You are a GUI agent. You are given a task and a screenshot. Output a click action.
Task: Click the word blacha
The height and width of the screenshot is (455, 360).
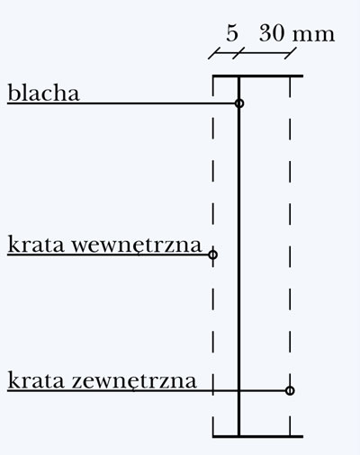[x=43, y=93]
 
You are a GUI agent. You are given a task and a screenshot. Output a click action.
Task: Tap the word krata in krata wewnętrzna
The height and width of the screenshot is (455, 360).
[x=36, y=245]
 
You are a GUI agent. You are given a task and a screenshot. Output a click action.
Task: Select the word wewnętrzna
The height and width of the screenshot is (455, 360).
[x=137, y=245]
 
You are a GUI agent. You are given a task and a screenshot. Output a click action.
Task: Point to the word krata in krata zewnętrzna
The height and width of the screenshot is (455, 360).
[x=36, y=380]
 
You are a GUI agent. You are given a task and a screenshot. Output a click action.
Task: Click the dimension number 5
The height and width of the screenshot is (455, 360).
[x=232, y=33]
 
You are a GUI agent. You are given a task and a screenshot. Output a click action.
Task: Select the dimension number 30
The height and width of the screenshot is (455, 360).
[x=272, y=33]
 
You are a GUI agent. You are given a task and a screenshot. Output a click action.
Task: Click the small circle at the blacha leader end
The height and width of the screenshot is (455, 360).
[x=239, y=103]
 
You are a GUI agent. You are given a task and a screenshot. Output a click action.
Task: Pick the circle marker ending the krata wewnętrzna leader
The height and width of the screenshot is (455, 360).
[x=212, y=254]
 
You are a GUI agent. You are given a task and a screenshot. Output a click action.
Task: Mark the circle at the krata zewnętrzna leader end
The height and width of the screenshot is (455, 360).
[x=290, y=391]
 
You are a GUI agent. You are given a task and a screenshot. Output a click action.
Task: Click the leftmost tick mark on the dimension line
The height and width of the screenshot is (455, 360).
[x=214, y=53]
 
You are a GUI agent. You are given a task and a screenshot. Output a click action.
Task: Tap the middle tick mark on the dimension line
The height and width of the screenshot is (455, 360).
[x=238, y=53]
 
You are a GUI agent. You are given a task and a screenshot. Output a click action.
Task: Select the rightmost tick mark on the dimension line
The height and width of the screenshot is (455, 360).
[x=291, y=53]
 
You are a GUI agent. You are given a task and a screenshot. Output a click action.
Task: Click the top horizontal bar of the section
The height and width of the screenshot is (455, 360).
[x=257, y=76]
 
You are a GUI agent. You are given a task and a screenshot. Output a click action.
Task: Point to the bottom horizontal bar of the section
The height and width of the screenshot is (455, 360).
[x=257, y=436]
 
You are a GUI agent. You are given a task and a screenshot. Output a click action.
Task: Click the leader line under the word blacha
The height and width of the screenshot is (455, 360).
[x=121, y=103]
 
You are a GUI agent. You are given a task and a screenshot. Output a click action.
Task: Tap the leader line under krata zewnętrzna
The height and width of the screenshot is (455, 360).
[x=147, y=391]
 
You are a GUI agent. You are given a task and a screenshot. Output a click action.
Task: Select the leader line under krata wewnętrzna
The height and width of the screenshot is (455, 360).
[x=108, y=254]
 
